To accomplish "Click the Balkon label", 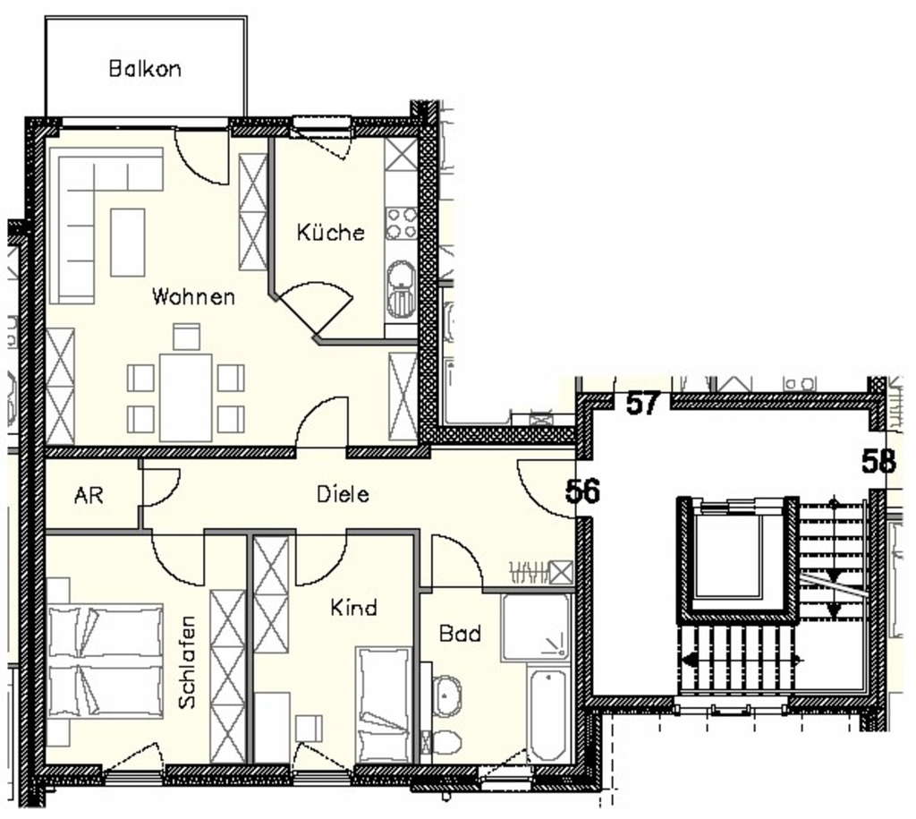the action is coord(145,69).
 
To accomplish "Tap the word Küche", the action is coord(331,232).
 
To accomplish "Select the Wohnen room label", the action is coord(193,296).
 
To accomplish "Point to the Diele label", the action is coord(343,495).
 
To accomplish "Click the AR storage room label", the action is coord(89,496).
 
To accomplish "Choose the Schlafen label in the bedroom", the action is coord(187,662).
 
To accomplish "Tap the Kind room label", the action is coord(354,608).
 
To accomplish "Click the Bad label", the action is coord(461,633).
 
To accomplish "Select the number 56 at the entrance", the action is coord(582,491).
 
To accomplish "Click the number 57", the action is coord(643,403).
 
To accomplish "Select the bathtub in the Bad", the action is coord(547,713).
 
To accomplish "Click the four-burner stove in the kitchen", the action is coord(401,224).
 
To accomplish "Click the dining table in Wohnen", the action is coord(186,397).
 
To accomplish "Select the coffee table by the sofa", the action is coord(127,242).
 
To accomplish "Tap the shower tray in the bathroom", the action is coord(535,627).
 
